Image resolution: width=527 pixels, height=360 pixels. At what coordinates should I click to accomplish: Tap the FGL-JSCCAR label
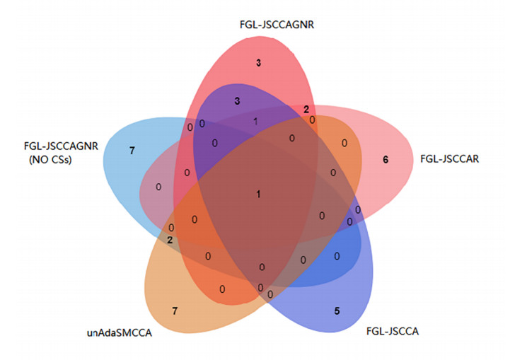(x=451, y=158)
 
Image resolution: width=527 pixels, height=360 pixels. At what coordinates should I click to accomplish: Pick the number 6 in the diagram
(x=386, y=160)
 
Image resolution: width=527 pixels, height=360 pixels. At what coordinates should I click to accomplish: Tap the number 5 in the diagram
(x=337, y=310)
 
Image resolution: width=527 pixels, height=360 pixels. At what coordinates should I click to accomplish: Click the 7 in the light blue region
(x=132, y=150)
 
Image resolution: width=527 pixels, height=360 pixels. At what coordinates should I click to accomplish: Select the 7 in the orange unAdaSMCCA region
(x=175, y=310)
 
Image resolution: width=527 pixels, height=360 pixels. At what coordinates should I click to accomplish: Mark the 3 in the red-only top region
(x=259, y=64)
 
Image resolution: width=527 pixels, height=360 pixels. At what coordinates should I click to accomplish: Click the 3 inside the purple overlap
(x=237, y=101)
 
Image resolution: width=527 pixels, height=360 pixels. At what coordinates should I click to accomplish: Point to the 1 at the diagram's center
(x=259, y=194)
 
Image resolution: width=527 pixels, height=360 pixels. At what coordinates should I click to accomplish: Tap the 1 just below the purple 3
(x=255, y=121)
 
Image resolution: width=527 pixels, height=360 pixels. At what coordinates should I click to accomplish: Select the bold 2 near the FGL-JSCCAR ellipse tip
(x=306, y=110)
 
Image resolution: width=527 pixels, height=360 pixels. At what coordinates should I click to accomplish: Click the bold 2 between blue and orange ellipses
(x=170, y=240)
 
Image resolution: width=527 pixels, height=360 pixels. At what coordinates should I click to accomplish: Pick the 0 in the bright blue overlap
(x=337, y=256)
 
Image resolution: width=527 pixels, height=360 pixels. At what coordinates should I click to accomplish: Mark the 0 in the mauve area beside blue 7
(x=158, y=187)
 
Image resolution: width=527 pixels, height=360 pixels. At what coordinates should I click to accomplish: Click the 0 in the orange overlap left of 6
(x=344, y=143)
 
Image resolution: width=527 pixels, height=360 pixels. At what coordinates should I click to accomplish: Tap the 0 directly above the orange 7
(x=222, y=289)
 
